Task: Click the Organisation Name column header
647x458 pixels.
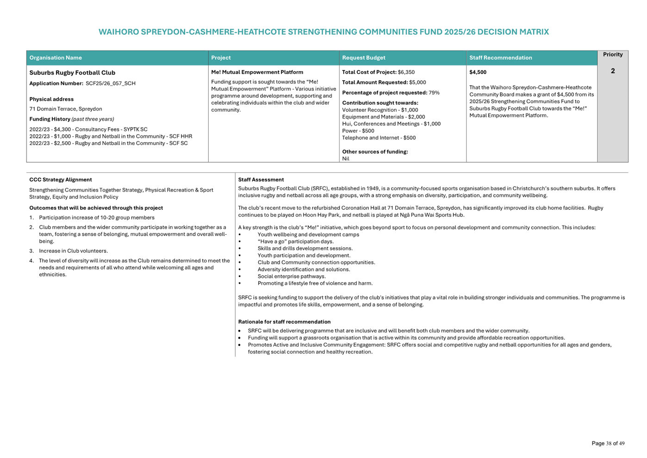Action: (56, 58)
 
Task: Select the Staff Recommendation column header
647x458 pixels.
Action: (500, 58)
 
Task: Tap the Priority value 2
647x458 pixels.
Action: (612, 71)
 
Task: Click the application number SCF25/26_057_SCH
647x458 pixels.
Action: (110, 84)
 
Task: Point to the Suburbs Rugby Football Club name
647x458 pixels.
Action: (72, 73)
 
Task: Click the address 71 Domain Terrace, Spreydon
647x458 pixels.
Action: (66, 109)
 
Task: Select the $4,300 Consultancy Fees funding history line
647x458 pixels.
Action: (88, 130)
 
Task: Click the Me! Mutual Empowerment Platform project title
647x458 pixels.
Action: (257, 72)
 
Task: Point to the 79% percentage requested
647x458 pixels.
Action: (434, 93)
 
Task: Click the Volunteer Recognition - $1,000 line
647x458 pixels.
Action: (379, 110)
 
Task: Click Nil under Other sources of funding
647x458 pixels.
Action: (346, 159)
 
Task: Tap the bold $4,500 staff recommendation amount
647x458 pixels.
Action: (478, 72)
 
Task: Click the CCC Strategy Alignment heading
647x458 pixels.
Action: (61, 180)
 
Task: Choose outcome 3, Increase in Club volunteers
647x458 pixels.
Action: (73, 251)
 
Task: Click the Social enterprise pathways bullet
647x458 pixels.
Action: (291, 276)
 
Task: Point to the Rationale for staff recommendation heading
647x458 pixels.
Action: (284, 322)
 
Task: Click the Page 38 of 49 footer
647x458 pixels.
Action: (608, 444)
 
